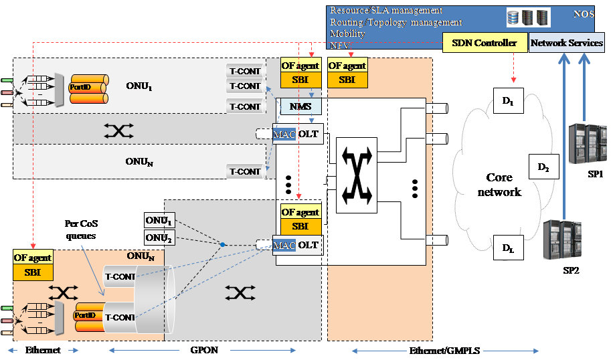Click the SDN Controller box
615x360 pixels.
(x=484, y=43)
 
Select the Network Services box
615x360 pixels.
(x=566, y=43)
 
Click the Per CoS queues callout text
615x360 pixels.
(x=82, y=230)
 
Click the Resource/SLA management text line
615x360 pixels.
(x=386, y=11)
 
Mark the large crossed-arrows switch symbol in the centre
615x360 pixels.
(x=354, y=171)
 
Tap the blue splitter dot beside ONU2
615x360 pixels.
(x=223, y=245)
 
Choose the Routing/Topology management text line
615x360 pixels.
(x=396, y=22)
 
